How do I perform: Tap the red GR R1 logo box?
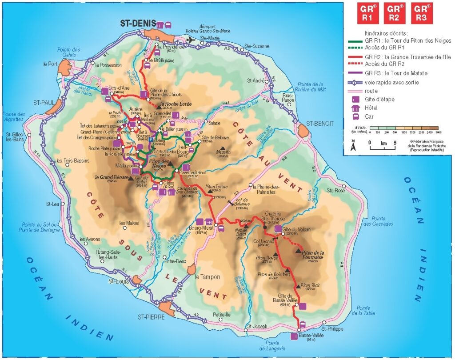coord(368,13)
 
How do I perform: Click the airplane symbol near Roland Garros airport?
coord(192,40)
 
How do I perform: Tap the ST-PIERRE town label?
coord(151,317)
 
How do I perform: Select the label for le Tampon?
coord(208,277)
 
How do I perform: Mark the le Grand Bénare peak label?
coord(110,177)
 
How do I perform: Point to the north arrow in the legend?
coord(353,145)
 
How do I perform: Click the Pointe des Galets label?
coord(69,52)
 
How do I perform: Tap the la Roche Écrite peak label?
coord(174,105)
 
